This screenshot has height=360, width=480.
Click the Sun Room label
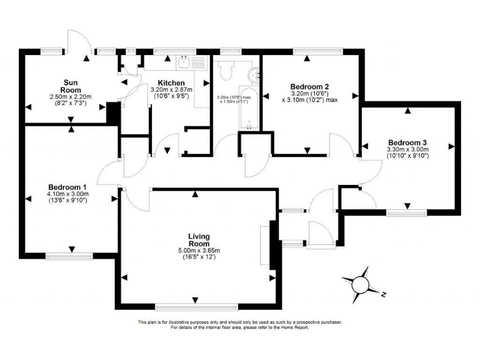coord(70,86)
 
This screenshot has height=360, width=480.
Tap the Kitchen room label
coord(171,83)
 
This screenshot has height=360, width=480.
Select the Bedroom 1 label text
coord(67,187)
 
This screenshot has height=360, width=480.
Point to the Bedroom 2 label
coord(309,86)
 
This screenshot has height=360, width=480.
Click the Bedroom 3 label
coord(407,142)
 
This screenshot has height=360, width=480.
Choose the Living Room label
coord(199,240)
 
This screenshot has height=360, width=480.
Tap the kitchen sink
coord(184,61)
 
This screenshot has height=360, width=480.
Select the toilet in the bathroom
coord(226,71)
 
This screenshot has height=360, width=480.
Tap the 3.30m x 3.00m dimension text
coord(408,149)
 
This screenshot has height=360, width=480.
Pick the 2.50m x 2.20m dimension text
coord(70,97)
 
